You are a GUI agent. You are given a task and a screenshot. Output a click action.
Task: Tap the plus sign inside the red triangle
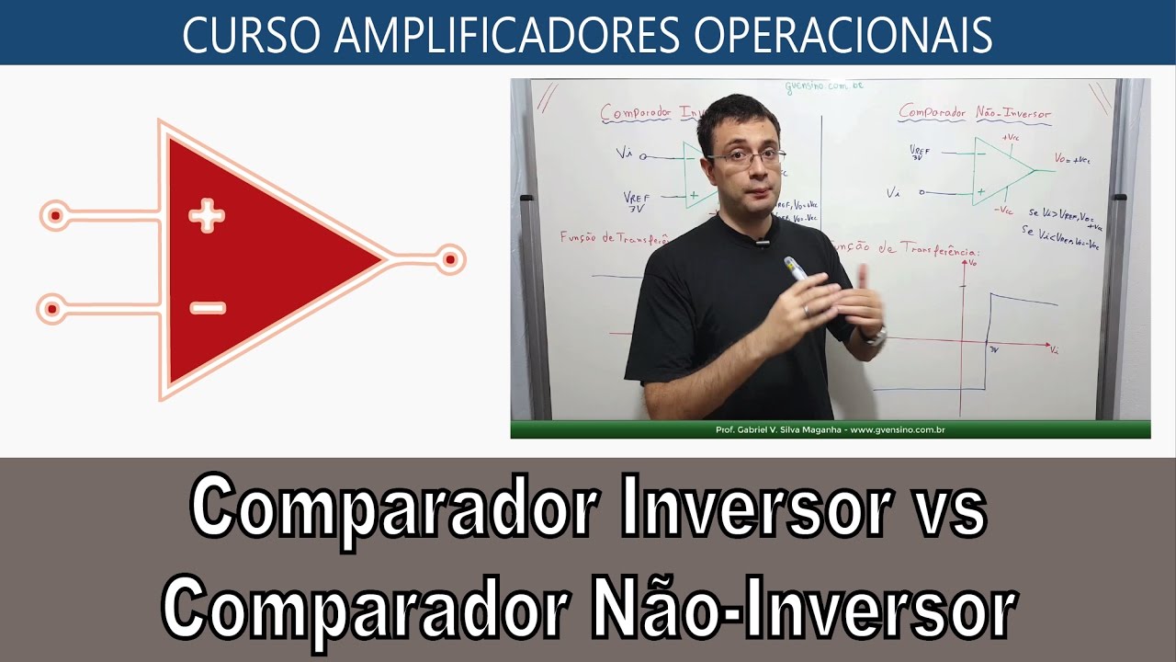[x=207, y=217]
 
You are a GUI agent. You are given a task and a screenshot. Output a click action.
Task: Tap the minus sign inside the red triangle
[x=207, y=308]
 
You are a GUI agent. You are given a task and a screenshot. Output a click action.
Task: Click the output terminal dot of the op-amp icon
[x=450, y=260]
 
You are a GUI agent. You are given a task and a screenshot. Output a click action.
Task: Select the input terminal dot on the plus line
[x=55, y=216]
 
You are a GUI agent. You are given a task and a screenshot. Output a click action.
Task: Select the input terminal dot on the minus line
[x=52, y=308]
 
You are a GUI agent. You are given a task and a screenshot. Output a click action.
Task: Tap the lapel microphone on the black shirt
[x=761, y=243]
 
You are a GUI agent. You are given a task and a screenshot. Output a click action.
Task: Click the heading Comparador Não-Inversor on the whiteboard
[x=974, y=113]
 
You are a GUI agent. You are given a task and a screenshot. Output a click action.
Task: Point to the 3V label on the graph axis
[x=992, y=350]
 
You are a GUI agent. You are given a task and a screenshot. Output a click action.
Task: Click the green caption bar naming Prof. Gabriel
[x=830, y=429]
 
